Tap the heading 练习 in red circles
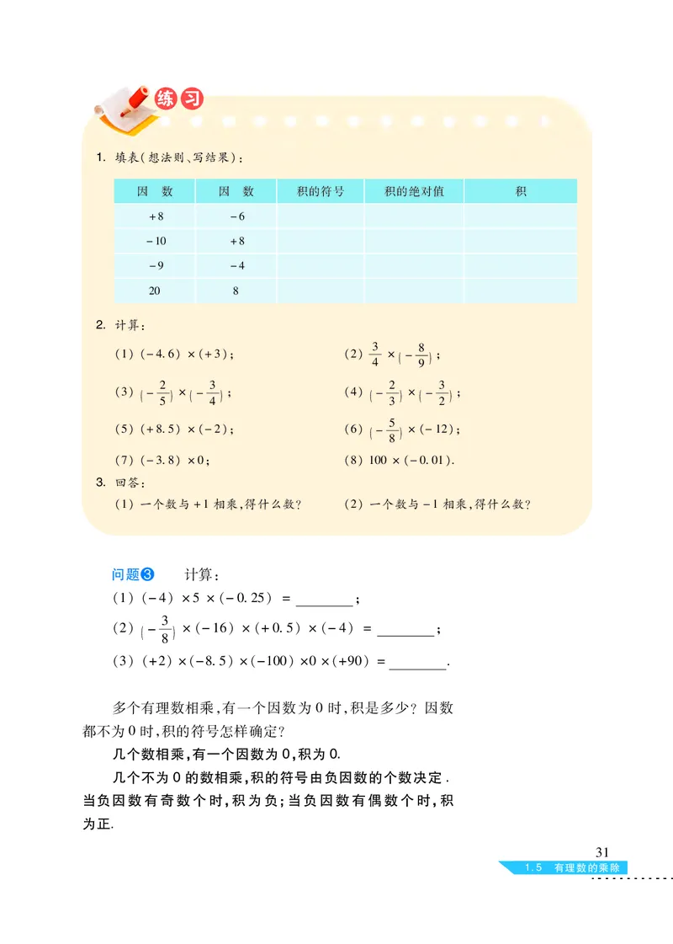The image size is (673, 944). click(x=179, y=99)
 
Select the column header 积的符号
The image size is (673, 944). click(x=321, y=191)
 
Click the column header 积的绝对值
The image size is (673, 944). click(x=414, y=191)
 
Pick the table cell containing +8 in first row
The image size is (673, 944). click(x=156, y=216)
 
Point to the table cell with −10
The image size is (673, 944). click(x=156, y=241)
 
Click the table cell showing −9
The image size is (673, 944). click(x=156, y=266)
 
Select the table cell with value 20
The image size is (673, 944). click(x=156, y=291)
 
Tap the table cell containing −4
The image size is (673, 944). click(x=236, y=266)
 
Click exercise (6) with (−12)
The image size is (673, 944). click(x=403, y=429)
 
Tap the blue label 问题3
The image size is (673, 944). click(x=134, y=575)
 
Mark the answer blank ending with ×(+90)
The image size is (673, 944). click(x=418, y=662)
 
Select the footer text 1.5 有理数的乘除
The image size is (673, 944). click(x=573, y=868)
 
